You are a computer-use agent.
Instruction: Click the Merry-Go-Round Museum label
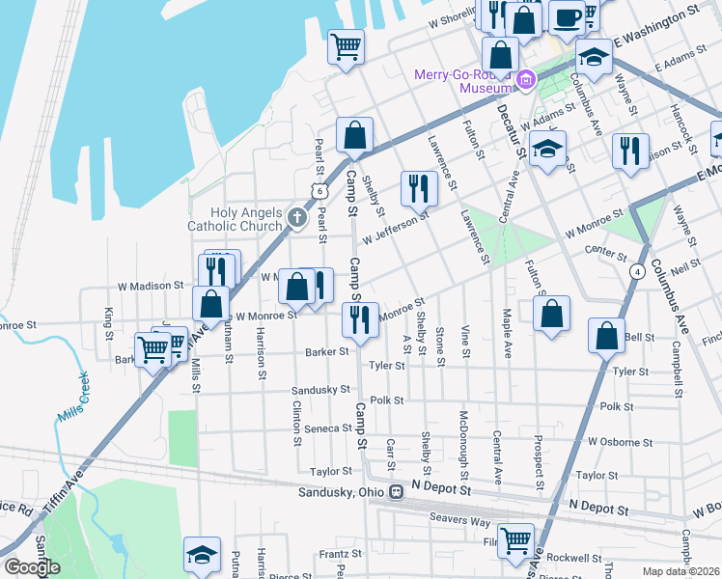tap(460, 81)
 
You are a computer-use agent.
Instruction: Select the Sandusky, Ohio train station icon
tap(395, 492)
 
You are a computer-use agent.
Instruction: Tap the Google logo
tap(32, 567)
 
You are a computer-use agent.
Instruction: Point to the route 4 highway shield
tap(638, 272)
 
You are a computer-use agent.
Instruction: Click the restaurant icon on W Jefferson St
tap(419, 187)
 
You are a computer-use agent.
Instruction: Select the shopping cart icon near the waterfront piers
tap(346, 45)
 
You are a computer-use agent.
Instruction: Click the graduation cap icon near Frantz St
tap(202, 554)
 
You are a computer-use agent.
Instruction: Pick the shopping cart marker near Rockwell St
tap(515, 540)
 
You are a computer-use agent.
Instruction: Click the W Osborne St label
tap(620, 442)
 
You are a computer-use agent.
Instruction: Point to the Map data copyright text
tap(681, 570)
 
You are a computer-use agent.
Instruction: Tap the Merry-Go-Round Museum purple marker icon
tap(525, 81)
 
